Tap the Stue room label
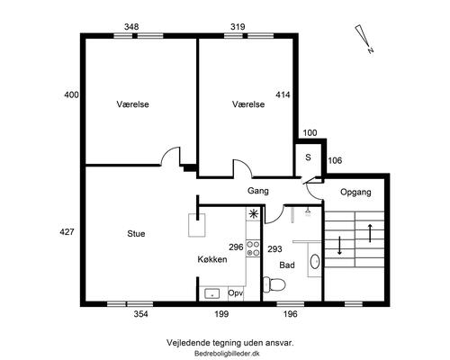(x=136, y=234)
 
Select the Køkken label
(x=212, y=259)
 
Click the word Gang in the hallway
(x=258, y=191)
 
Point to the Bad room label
(x=287, y=265)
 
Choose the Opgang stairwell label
(x=355, y=192)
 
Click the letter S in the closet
(x=308, y=157)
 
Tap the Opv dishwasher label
(x=236, y=293)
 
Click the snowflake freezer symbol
(x=254, y=214)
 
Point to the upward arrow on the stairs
(x=369, y=232)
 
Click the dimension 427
(x=66, y=232)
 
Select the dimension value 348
(x=130, y=27)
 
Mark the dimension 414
(x=283, y=94)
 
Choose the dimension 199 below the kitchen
(x=222, y=314)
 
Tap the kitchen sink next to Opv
(x=213, y=293)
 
